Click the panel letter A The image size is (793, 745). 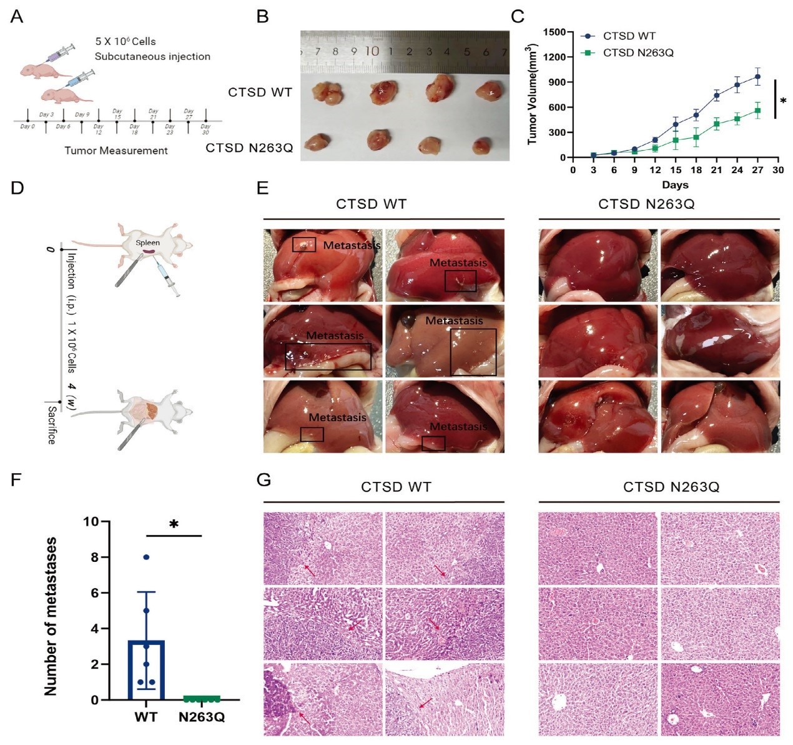pos(17,17)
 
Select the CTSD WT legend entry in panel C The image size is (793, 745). pos(629,36)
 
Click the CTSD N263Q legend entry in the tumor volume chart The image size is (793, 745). pos(638,52)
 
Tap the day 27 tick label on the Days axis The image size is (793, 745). pos(757,169)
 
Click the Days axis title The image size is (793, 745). pos(675,185)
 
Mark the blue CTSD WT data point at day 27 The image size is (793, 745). pos(757,77)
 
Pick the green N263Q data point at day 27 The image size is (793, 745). pos(757,111)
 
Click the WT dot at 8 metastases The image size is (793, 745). pos(146,557)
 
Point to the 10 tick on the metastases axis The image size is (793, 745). pos(91,521)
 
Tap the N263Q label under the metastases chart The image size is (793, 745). pos(202,717)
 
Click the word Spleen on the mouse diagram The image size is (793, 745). pos(148,242)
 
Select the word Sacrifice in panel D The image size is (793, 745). pos(51,425)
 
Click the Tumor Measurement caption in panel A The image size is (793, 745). pos(116,151)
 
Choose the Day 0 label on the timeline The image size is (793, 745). pos(27,127)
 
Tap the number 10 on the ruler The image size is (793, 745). pos(372,51)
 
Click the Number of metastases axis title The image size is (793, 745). pos(51,616)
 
